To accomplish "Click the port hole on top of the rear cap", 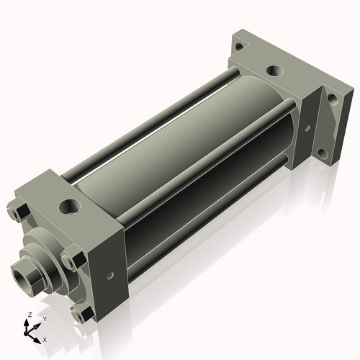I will click(x=274, y=71).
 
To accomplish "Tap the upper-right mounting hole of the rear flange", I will click(x=332, y=98).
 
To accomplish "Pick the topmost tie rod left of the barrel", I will click(x=144, y=122).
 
